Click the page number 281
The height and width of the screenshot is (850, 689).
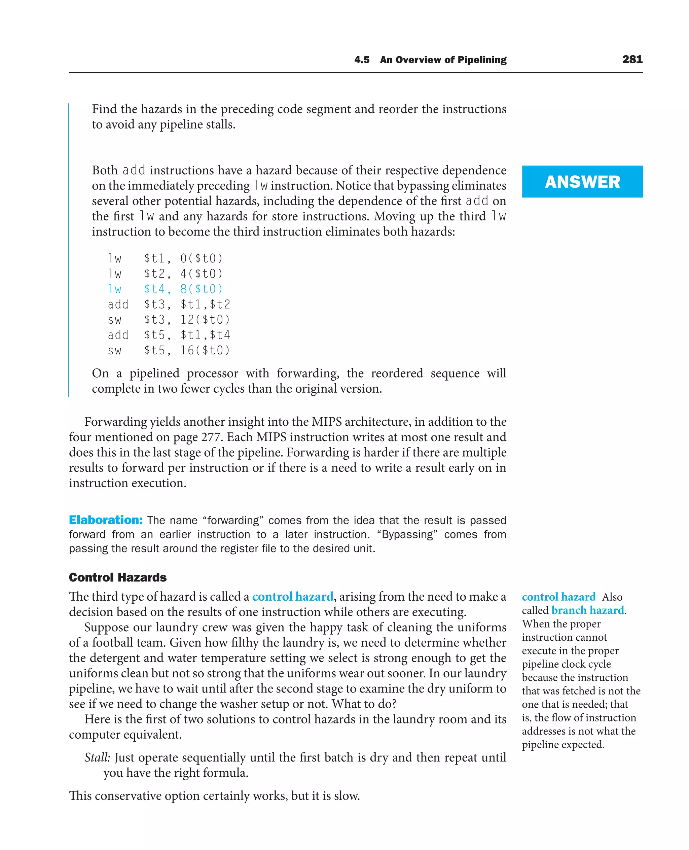[632, 60]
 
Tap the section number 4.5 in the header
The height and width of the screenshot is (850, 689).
[362, 60]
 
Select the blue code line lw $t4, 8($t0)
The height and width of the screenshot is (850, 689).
[165, 289]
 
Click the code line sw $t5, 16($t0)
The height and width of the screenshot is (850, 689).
[169, 350]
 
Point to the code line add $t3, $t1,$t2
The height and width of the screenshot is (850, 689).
[169, 305]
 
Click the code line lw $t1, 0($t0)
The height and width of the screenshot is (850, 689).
[165, 258]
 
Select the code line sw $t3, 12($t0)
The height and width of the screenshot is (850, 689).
[169, 320]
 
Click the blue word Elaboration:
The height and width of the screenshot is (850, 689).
[106, 520]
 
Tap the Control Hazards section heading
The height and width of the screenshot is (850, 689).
[117, 577]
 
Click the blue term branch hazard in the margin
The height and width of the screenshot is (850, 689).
[587, 610]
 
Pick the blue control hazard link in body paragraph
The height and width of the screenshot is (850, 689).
[292, 597]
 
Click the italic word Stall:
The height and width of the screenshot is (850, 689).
[97, 757]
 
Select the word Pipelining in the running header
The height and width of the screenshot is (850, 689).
[482, 60]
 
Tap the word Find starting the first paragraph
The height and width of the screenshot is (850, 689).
[104, 109]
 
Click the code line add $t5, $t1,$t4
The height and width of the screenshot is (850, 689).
[169, 335]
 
